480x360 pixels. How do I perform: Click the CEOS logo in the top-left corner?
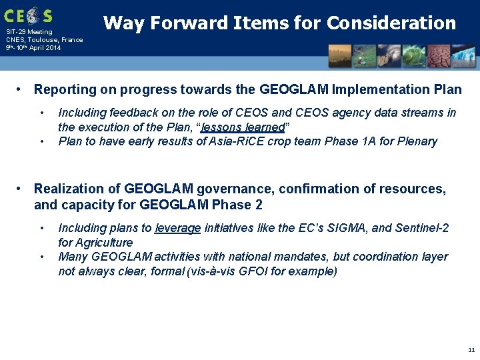(28, 15)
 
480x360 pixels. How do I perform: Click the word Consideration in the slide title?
(391, 23)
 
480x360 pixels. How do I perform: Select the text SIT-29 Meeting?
(29, 32)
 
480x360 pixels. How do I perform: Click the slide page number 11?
(471, 350)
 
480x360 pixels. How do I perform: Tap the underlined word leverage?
(177, 229)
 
